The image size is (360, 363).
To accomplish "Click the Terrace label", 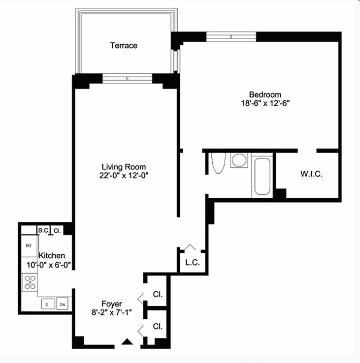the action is [x=124, y=45].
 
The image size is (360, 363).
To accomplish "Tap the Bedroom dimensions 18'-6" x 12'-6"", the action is [x=265, y=103].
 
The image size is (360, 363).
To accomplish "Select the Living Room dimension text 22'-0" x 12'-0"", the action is [x=124, y=176].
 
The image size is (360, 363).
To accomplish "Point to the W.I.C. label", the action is [x=311, y=174].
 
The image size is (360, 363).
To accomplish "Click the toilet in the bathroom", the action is [x=218, y=163].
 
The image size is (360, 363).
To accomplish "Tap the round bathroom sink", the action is [x=239, y=160].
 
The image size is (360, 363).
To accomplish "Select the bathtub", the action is [x=262, y=177].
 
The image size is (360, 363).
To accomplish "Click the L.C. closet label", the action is [x=193, y=263].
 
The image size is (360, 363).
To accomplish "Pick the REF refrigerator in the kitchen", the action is [x=29, y=246].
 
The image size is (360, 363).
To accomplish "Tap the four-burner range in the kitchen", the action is [x=30, y=282].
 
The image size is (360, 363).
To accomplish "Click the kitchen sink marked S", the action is [x=48, y=304].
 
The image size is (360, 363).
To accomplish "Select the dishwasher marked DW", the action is [x=63, y=303].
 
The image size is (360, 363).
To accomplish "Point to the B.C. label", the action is [x=43, y=230].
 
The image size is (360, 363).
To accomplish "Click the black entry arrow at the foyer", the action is [x=127, y=342].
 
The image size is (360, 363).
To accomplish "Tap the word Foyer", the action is [x=112, y=304].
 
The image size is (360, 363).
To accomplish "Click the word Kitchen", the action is [x=52, y=255].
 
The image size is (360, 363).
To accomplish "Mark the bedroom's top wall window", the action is [x=231, y=36].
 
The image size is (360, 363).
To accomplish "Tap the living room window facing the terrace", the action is [x=127, y=78].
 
